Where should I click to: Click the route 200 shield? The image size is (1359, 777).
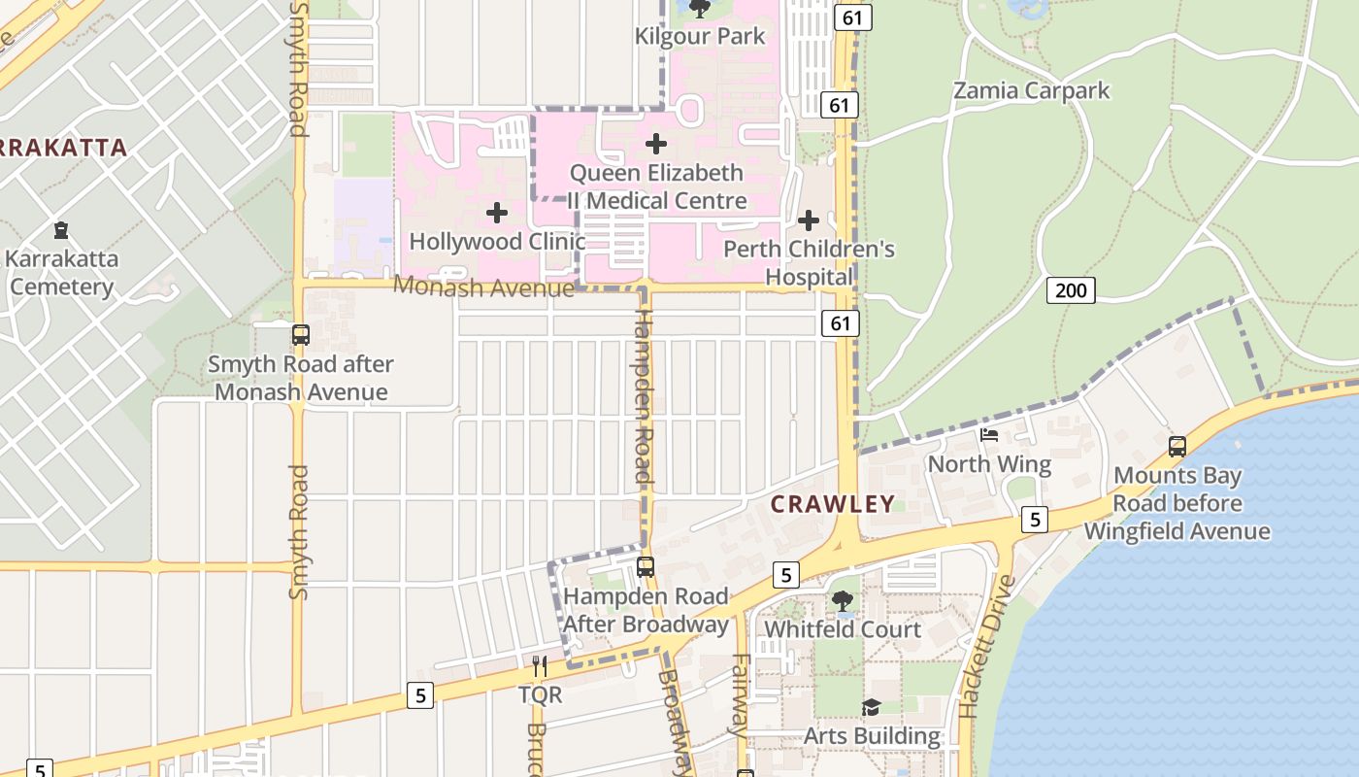[1071, 289]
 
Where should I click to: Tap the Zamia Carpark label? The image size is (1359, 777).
[1031, 90]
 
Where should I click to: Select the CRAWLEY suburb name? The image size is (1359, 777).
[833, 503]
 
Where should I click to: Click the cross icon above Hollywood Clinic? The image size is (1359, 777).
[497, 213]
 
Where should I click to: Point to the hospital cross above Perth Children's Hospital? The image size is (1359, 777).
[809, 220]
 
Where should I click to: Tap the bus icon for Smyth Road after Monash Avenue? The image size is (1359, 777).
[301, 335]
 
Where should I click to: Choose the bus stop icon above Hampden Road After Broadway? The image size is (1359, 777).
[646, 566]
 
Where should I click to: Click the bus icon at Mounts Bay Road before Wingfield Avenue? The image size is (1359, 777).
[1177, 447]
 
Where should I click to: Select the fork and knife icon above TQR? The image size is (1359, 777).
[540, 666]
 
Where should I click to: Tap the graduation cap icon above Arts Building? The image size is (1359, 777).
[871, 708]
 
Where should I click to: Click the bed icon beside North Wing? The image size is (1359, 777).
[989, 434]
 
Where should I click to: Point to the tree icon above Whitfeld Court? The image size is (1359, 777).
[842, 601]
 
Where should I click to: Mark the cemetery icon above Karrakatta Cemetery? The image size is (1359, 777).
[62, 230]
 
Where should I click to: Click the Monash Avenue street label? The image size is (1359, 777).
[483, 287]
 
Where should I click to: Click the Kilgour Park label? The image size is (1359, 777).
[700, 37]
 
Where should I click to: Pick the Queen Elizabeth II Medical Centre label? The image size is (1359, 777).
[657, 186]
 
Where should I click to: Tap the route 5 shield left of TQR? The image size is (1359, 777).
[419, 694]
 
